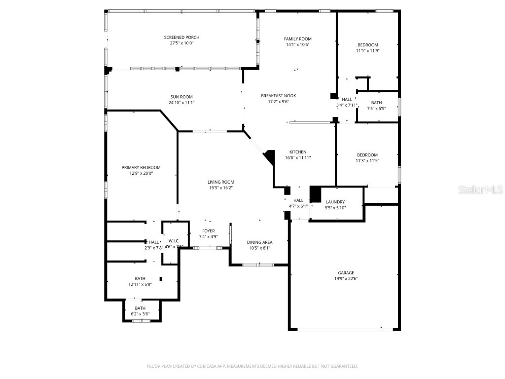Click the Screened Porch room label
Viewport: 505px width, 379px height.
(181, 38)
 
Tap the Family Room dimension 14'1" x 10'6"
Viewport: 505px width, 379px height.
(297, 45)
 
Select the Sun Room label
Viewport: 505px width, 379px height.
(181, 97)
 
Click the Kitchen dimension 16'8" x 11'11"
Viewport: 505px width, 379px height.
(298, 158)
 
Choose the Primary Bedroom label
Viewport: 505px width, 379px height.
(141, 167)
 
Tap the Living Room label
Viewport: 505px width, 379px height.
(220, 182)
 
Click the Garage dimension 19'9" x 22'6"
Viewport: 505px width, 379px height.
(346, 278)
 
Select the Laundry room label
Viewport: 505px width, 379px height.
(335, 202)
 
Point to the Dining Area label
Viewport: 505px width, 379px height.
(259, 242)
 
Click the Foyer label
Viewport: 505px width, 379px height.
(208, 231)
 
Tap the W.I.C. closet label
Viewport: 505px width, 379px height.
(174, 241)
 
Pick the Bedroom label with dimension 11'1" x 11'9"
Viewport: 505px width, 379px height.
(367, 45)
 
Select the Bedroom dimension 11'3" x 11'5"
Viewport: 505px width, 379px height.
(367, 160)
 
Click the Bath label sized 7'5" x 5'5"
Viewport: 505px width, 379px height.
(376, 103)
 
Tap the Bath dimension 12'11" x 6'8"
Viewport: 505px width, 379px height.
(140, 284)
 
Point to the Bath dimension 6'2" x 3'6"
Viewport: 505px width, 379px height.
(140, 314)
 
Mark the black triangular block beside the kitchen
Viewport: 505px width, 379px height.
(270, 157)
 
